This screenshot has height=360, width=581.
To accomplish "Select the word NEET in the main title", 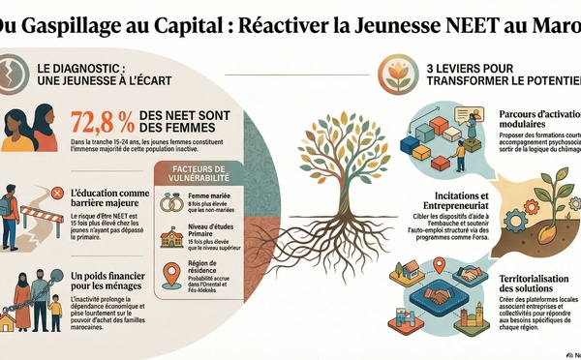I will [457, 20].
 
